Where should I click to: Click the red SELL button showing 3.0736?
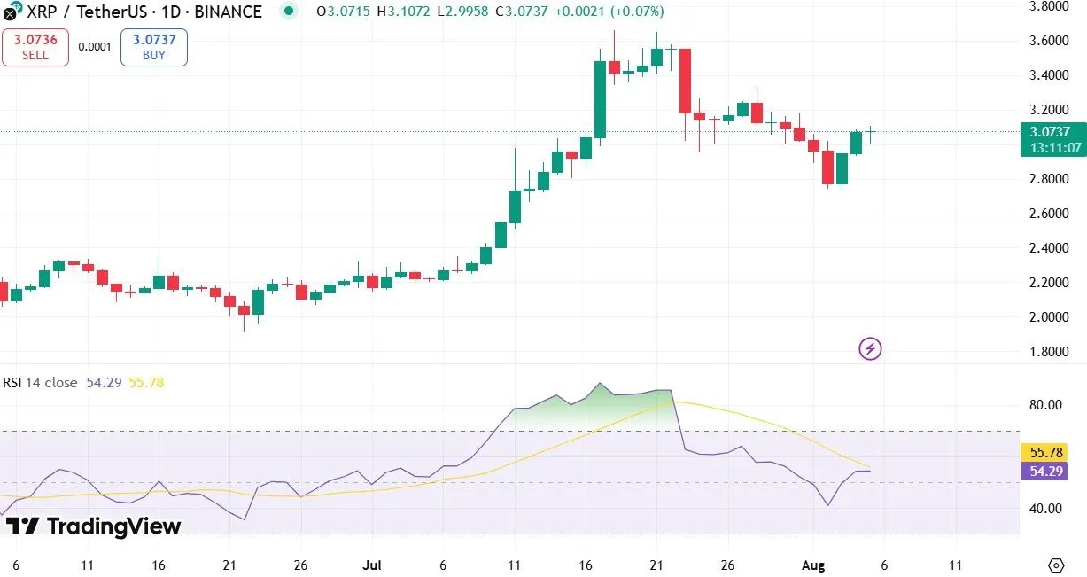coord(35,47)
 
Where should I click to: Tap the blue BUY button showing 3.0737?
coord(154,47)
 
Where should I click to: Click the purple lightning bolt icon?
coord(870,348)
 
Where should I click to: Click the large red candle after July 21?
coord(685,81)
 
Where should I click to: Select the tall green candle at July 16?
coord(600,99)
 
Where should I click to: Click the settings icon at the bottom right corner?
coord(1055,565)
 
